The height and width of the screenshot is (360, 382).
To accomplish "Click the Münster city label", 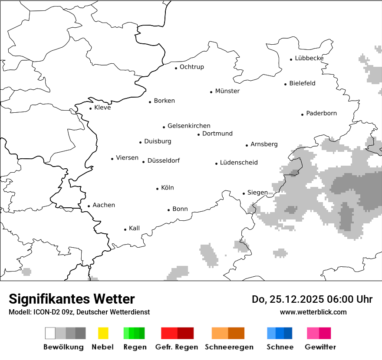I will pos(227,91).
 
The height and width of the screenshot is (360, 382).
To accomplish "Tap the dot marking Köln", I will pos(157,189).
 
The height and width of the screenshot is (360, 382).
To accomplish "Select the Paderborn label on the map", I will pos(321,114).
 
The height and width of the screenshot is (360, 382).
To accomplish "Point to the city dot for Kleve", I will pos(90,108).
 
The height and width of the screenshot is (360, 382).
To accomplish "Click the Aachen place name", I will pos(104,205).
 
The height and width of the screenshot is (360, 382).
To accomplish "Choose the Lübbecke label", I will pos(309,58).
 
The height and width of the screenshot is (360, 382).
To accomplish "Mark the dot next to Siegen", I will pos(244,193).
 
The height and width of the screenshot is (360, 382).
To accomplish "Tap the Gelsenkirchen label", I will pos(189,126).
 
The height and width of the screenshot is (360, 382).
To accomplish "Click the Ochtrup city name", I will pos(191,67).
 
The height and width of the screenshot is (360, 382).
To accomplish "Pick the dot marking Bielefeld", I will pos(286,84).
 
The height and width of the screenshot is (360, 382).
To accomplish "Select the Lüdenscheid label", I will pos(239,163).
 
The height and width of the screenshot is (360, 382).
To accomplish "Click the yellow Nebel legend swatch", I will pos(103,333).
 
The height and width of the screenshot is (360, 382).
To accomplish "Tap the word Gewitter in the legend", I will pos(320,347).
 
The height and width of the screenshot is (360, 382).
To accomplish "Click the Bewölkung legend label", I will pos(63,347).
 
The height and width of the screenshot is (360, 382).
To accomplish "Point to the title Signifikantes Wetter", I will pos(72,299).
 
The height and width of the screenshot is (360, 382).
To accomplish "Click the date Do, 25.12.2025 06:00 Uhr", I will pos(312,299).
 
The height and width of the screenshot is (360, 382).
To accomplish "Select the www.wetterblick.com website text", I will pos(313,312).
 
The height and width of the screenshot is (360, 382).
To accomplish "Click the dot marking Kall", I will pos(125,229).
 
